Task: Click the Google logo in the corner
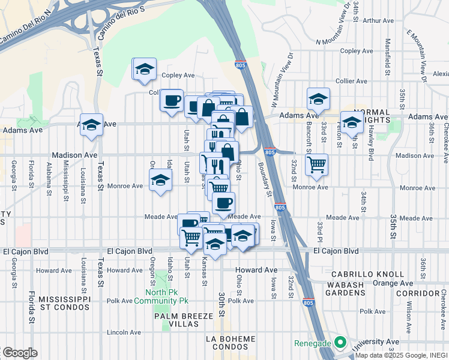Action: click(20, 353)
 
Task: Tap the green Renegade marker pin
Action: click(341, 343)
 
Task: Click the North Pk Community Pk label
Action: click(161, 296)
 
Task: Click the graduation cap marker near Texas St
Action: click(91, 125)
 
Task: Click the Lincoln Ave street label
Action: click(124, 332)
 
